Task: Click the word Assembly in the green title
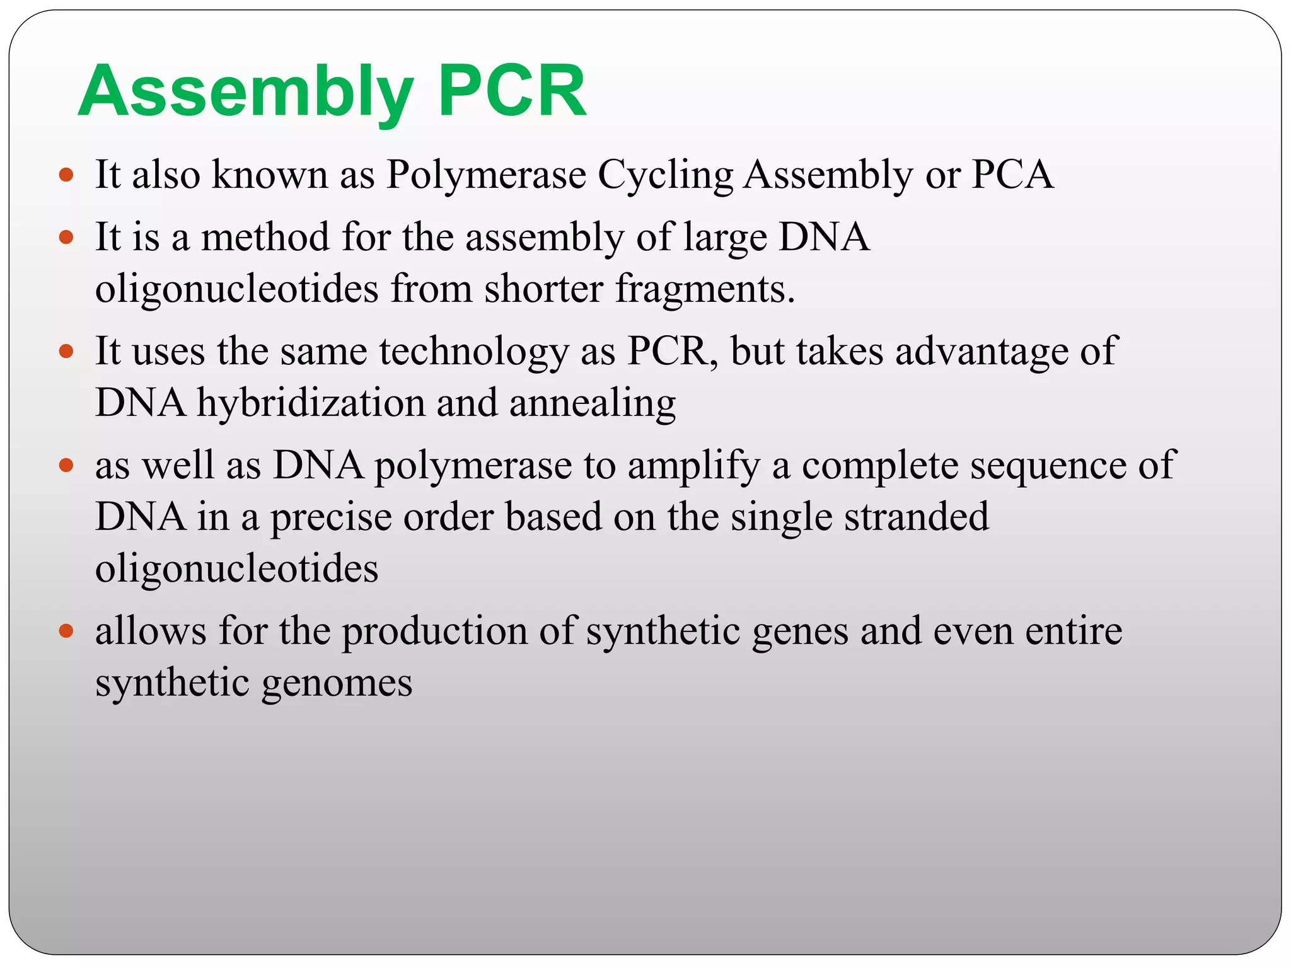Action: tap(246, 93)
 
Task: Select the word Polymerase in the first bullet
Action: tap(486, 175)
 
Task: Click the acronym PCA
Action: tap(1012, 175)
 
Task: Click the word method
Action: tap(265, 238)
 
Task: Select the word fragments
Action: tap(705, 290)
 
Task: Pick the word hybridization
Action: tap(311, 403)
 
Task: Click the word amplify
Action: tap(693, 467)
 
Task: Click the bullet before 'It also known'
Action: tap(66, 175)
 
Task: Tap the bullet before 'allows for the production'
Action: tap(66, 630)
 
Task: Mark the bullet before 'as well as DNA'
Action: tap(66, 466)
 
